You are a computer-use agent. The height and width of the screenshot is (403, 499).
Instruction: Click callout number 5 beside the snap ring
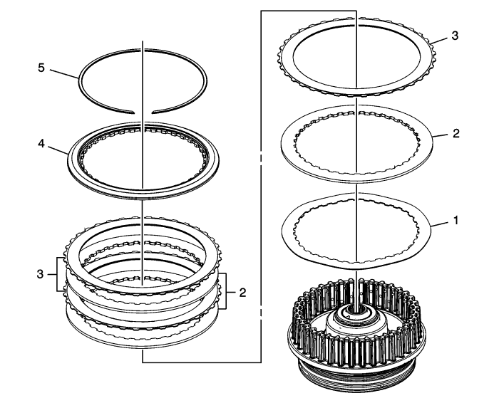click(41, 68)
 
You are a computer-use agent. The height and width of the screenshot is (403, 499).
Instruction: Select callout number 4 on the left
click(41, 144)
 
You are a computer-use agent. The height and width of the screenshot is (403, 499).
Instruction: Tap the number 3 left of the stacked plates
click(40, 274)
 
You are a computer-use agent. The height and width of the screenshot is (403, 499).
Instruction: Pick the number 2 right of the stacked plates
click(242, 293)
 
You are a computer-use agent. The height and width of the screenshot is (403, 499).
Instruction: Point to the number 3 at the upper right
click(455, 36)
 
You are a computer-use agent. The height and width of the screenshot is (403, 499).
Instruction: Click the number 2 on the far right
click(456, 133)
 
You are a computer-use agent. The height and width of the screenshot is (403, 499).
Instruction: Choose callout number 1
click(456, 220)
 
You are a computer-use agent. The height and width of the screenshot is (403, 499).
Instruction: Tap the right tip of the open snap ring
click(153, 112)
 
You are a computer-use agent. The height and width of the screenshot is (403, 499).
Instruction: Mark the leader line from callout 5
click(64, 73)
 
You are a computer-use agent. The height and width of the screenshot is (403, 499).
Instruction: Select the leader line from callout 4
click(58, 150)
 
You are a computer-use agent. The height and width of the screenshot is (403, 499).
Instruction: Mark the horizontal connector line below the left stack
click(202, 362)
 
